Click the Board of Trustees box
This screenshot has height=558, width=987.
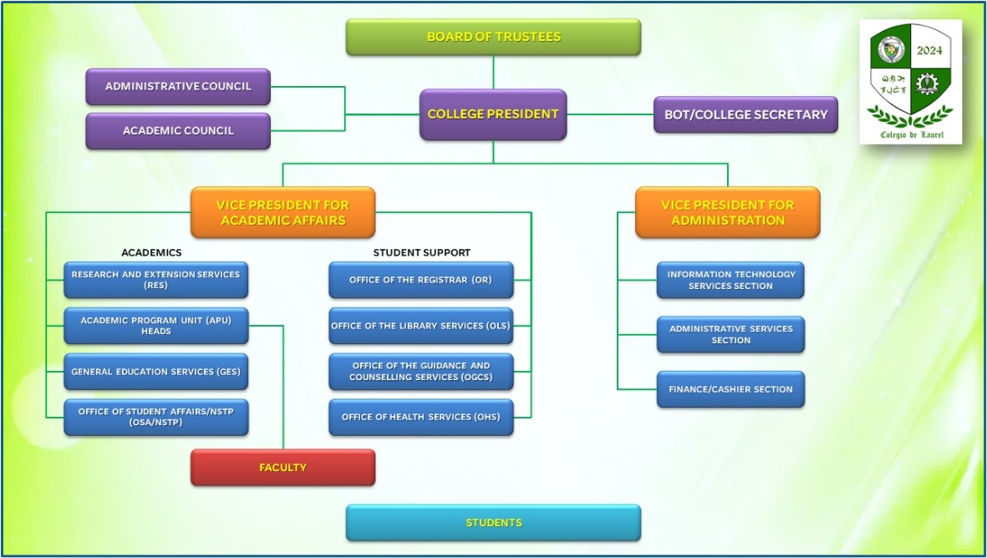[493, 37]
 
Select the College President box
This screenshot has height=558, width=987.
[493, 114]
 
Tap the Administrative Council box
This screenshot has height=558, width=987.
[178, 86]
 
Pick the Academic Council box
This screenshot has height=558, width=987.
[178, 131]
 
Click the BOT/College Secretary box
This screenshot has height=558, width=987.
[745, 114]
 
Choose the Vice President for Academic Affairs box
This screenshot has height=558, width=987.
[282, 212]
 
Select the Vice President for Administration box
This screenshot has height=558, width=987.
[727, 212]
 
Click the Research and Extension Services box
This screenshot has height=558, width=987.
[155, 280]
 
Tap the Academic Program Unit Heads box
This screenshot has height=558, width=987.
[155, 326]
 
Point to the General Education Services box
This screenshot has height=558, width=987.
[155, 372]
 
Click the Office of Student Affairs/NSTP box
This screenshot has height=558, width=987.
[155, 417]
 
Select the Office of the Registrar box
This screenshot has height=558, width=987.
[420, 280]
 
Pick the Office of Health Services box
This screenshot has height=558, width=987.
[420, 417]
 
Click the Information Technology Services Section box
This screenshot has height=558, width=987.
[730, 280]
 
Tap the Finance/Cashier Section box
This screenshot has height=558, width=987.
[730, 389]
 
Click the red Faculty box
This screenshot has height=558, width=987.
[282, 468]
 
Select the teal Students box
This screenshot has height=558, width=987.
[493, 523]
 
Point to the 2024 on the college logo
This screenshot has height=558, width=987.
[928, 51]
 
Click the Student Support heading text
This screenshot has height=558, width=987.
[421, 252]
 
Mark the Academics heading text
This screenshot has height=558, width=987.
[151, 252]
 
